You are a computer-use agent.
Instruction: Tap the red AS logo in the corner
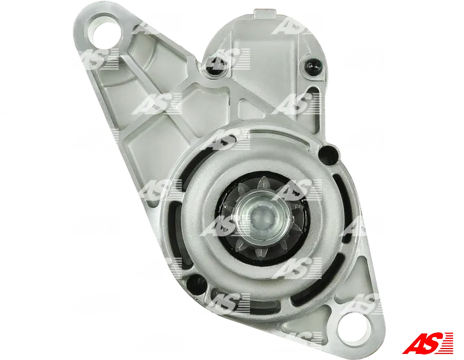click(x=427, y=343)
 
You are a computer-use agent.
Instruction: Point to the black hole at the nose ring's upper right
click(x=328, y=153)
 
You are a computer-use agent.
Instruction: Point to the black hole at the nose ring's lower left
click(x=195, y=283)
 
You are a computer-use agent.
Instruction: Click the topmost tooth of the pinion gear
click(x=262, y=183)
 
